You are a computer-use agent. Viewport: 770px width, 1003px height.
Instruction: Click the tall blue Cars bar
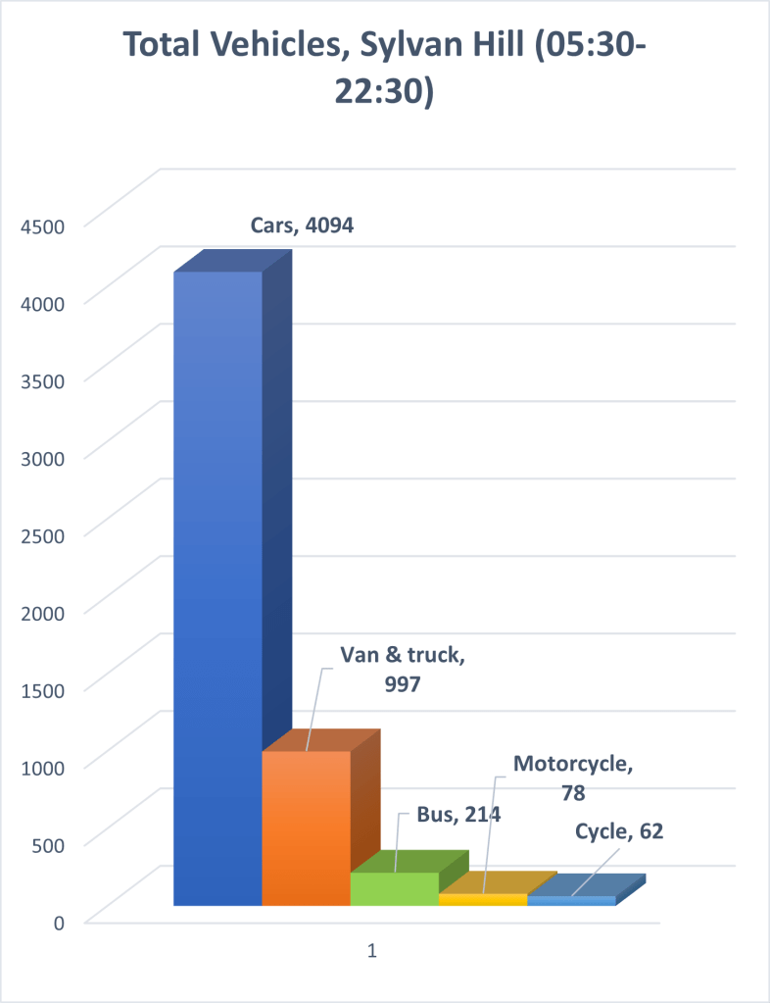click(x=217, y=588)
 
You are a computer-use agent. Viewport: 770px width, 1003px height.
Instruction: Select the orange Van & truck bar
click(x=306, y=828)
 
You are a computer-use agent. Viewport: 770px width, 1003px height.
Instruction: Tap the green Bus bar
click(x=394, y=888)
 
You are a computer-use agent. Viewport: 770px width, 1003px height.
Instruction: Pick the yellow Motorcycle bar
click(x=482, y=899)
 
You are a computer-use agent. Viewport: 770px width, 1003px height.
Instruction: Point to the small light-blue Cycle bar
click(x=571, y=900)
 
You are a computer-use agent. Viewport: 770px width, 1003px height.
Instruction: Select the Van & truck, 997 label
click(x=402, y=670)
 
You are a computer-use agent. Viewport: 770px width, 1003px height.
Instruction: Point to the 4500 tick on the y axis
click(x=44, y=226)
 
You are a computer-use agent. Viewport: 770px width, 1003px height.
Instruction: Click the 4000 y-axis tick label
click(x=44, y=303)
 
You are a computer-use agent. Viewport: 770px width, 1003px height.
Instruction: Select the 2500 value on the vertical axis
click(x=44, y=534)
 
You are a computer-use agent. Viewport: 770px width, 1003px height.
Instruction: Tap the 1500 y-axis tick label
click(x=44, y=688)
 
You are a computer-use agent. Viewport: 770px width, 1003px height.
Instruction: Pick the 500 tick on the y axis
click(x=49, y=843)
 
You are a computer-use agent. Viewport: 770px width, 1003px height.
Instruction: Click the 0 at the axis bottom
click(x=60, y=921)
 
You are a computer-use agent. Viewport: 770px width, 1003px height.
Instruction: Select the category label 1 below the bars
click(x=372, y=951)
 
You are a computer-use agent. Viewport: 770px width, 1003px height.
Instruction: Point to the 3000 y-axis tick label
click(x=44, y=457)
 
